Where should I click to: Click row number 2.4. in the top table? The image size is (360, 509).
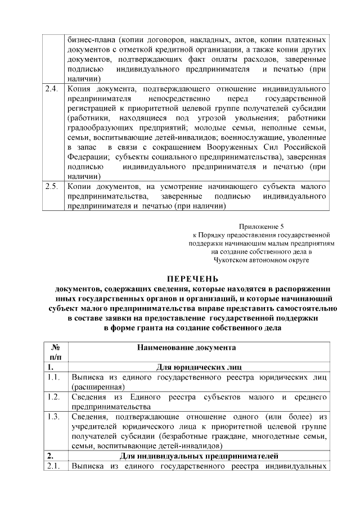point(52,89)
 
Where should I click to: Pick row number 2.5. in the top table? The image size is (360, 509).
point(52,186)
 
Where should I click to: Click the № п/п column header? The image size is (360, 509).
point(55,352)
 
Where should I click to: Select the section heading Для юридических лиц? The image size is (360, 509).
point(198,367)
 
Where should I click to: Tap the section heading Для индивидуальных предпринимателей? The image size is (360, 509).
point(198,456)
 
